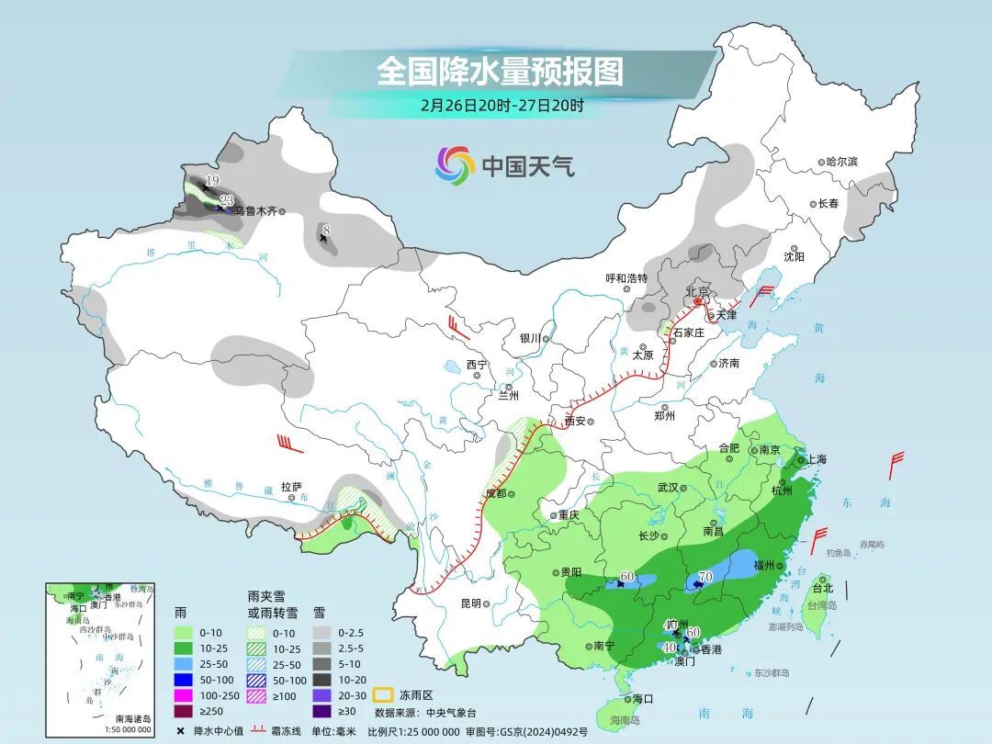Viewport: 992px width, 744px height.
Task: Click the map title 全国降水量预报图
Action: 500,71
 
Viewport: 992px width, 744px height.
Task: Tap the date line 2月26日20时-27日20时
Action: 502,105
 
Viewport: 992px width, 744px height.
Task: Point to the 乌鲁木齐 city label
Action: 254,210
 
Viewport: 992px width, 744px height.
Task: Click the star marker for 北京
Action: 697,301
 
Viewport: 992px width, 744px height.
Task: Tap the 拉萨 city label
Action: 291,487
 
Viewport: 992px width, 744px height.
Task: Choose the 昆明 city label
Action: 470,603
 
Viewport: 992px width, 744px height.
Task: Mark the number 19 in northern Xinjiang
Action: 212,180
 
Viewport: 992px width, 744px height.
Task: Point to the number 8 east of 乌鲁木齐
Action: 324,229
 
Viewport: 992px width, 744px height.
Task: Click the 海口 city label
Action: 643,699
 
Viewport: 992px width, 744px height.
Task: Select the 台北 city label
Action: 822,588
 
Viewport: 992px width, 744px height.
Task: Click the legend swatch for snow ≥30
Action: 322,710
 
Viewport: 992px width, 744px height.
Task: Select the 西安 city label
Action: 575,422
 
